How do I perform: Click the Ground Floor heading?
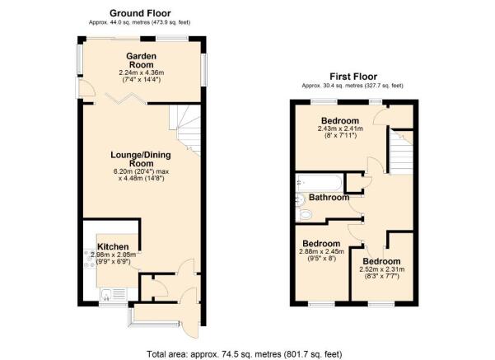pyautogui.click(x=140, y=13)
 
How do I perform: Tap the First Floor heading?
pyautogui.click(x=353, y=77)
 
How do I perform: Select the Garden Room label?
pyautogui.click(x=141, y=60)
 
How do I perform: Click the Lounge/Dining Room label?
pyautogui.click(x=141, y=159)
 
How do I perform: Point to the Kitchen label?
pyautogui.click(x=113, y=246)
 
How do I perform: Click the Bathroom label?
pyautogui.click(x=329, y=198)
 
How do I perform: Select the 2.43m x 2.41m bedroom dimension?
pyautogui.click(x=340, y=129)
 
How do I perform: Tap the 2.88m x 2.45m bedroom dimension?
pyautogui.click(x=321, y=252)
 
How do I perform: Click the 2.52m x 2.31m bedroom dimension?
pyautogui.click(x=381, y=269)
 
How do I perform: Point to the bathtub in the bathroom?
pyautogui.click(x=319, y=182)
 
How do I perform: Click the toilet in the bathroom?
pyautogui.click(x=304, y=215)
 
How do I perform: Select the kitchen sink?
pyautogui.click(x=114, y=294)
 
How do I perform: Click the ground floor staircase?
pyautogui.click(x=185, y=130)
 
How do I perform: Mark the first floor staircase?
pyautogui.click(x=400, y=152)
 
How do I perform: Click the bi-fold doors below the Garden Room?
pyautogui.click(x=126, y=98)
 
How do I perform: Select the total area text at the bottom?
pyautogui.click(x=244, y=354)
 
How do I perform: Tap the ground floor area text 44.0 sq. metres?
pyautogui.click(x=139, y=22)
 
